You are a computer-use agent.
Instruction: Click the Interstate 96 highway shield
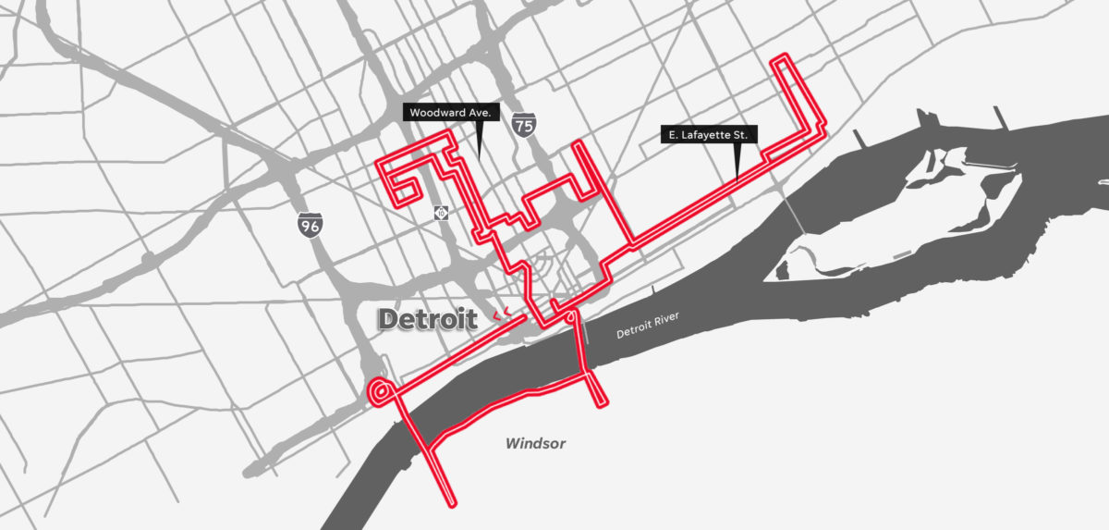(x=310, y=223)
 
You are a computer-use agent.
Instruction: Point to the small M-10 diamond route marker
(x=442, y=213)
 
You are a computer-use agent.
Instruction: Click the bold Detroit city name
(x=427, y=320)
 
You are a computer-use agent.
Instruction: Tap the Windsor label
(x=535, y=444)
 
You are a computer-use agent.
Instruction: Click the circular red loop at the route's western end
(x=379, y=391)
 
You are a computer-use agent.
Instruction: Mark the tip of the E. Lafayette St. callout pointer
(x=736, y=178)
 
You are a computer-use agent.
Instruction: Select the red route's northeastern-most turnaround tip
(x=785, y=57)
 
